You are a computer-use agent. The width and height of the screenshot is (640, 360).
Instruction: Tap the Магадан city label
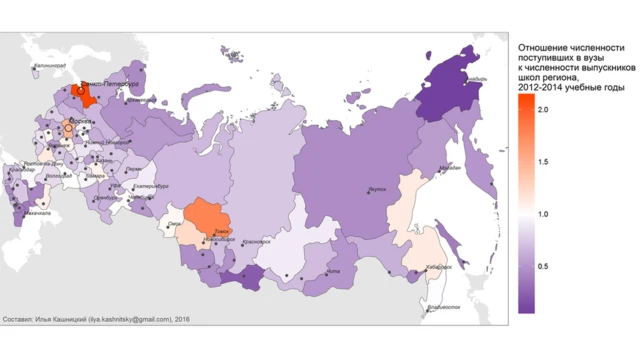449,168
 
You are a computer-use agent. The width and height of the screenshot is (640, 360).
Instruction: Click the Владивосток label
441,306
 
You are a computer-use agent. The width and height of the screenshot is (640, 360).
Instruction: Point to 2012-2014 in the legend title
540,89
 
